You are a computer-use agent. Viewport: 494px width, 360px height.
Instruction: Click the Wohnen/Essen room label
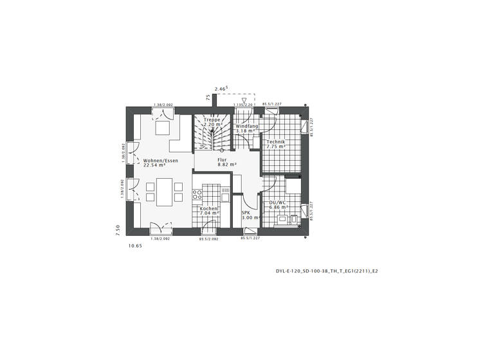click(x=161, y=160)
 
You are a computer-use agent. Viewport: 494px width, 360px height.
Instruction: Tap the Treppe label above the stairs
click(x=212, y=120)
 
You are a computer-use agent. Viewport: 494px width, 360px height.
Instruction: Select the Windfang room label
click(x=247, y=126)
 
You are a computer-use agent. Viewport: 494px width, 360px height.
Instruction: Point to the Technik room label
click(x=275, y=141)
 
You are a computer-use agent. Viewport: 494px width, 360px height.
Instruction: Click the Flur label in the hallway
click(x=223, y=159)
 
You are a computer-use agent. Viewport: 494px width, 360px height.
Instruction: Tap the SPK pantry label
click(x=246, y=212)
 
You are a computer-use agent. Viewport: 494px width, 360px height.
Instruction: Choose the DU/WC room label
click(x=278, y=203)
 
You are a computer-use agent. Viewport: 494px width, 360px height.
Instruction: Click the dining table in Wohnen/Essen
click(x=161, y=192)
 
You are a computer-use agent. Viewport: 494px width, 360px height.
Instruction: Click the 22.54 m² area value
click(x=155, y=165)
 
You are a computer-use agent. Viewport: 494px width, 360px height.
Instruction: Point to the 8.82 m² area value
click(x=227, y=165)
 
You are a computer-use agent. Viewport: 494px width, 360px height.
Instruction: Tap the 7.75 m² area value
click(x=277, y=147)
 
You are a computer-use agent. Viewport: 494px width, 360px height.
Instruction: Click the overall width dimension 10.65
click(x=135, y=246)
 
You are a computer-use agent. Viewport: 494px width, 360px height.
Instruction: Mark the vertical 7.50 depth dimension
click(x=118, y=230)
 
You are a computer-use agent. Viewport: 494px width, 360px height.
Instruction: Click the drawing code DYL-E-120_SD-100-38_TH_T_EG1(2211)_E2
click(x=322, y=271)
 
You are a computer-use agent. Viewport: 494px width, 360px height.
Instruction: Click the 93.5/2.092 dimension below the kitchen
click(x=208, y=239)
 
